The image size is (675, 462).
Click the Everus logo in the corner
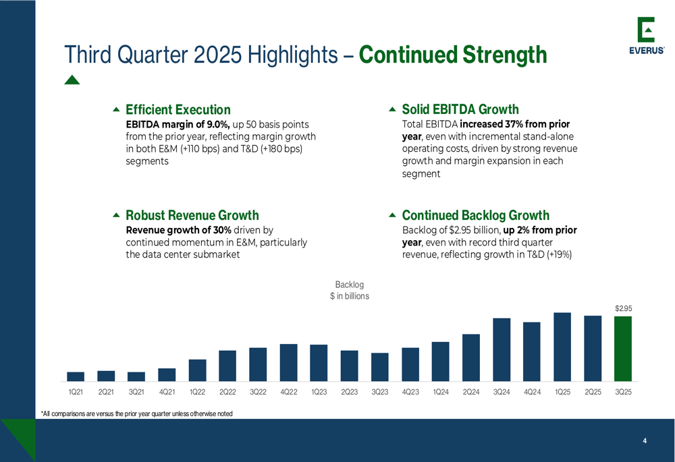pos(646,37)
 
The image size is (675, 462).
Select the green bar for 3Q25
pos(622,349)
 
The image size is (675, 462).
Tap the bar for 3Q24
pos(502,349)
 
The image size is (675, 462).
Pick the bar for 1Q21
pos(76,376)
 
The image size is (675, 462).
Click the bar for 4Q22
pos(288,362)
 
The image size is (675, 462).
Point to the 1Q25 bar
pos(562,347)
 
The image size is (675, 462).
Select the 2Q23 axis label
pos(349,392)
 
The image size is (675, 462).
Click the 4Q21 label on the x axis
pos(167,392)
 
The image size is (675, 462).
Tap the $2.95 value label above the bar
pos(623,308)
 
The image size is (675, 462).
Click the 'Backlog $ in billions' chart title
pos(349,291)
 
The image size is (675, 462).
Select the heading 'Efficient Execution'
pos(178,109)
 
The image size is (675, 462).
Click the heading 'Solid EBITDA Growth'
pos(460,109)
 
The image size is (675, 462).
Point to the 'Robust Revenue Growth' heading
pos(192,215)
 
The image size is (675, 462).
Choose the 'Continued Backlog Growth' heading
pos(475,215)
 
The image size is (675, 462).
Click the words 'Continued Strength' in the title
pos(453,55)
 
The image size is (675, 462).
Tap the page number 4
pos(645,441)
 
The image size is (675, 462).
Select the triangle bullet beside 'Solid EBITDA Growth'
pos(393,109)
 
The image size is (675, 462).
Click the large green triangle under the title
pos(72,80)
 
